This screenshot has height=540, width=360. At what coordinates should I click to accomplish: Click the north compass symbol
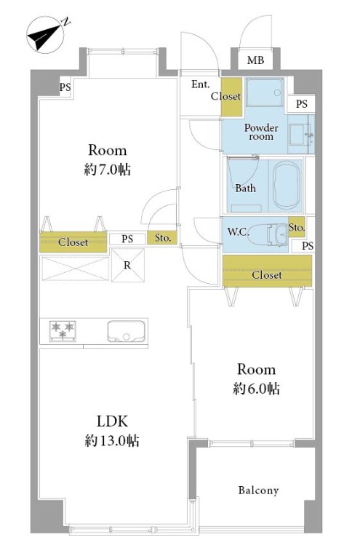point(45,35)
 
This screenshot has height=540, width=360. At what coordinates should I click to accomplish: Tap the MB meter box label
point(255,60)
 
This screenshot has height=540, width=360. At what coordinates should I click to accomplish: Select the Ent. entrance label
point(200,84)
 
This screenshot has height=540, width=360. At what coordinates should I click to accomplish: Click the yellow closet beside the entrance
point(231,98)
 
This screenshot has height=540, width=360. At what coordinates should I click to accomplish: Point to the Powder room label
point(261,132)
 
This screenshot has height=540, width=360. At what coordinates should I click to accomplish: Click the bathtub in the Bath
point(286,184)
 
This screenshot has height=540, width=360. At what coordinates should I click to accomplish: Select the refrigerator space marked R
point(128,265)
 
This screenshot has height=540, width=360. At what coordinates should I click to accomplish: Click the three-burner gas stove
point(63,330)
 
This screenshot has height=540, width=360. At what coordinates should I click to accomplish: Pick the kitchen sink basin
point(126,331)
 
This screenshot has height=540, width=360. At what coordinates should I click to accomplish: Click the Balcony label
point(258,491)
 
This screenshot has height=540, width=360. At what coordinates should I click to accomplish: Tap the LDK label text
point(112,421)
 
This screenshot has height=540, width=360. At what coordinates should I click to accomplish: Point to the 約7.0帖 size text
point(108,170)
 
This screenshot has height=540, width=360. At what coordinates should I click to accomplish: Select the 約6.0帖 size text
point(257,389)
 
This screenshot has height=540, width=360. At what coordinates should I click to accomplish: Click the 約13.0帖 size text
point(112,440)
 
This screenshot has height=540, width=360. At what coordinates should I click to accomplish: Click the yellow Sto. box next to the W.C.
point(296,227)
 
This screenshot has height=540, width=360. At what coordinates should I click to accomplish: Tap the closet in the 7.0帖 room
point(73,242)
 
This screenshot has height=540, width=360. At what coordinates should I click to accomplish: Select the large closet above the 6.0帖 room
point(267,271)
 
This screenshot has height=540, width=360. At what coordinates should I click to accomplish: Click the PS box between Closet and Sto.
point(127,239)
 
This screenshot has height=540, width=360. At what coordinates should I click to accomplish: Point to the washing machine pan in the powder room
point(265,92)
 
